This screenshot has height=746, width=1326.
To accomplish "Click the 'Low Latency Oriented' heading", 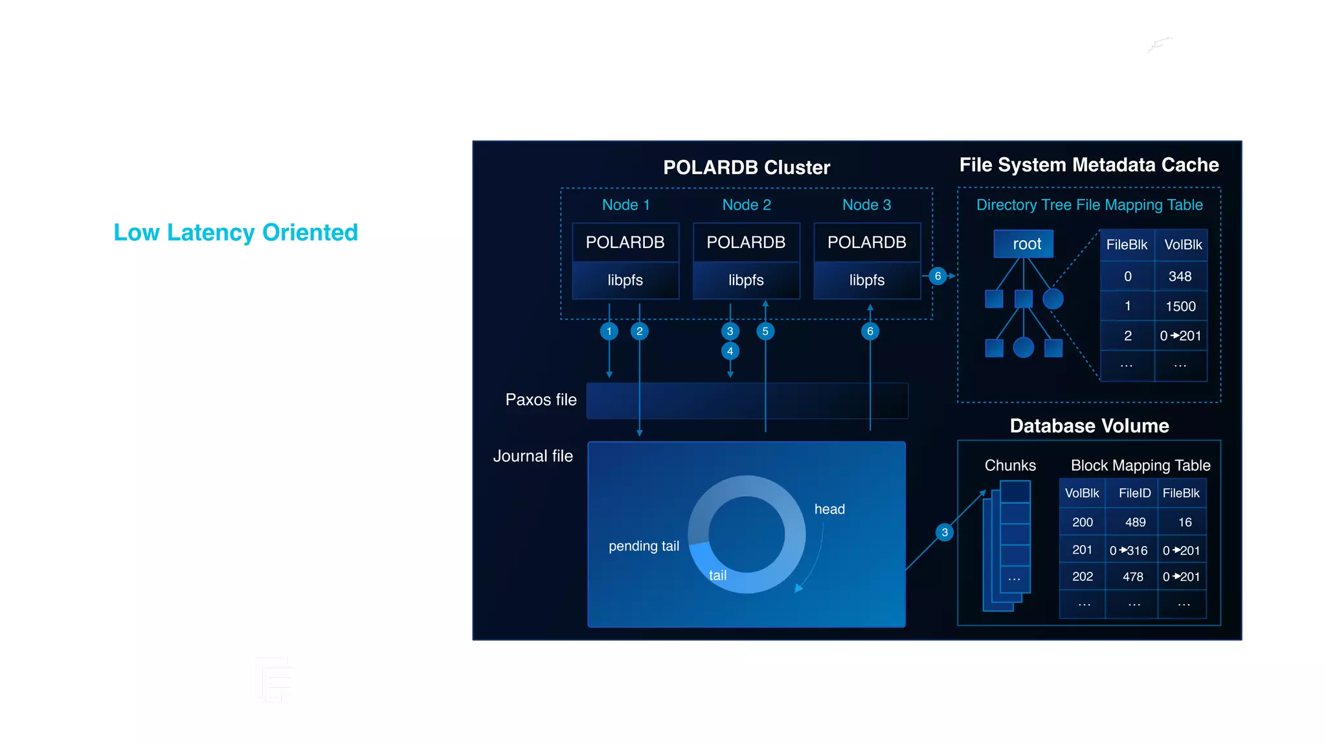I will pos(236,232).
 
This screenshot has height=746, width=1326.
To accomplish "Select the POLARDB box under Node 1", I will pos(625,242).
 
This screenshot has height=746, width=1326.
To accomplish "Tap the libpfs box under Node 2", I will pos(746,280).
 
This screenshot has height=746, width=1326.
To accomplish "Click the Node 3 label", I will pos(866,205).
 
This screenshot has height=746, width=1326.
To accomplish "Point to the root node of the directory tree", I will pos(1026,244).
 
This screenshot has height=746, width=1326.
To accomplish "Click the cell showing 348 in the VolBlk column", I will pos(1180,277).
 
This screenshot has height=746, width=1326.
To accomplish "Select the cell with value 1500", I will pos(1180,306).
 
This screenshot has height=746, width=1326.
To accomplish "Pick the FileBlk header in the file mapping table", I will pos(1127,245).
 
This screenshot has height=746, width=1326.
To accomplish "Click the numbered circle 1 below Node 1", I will pos(609,332).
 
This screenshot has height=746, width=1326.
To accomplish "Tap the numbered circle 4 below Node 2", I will pos(730,351).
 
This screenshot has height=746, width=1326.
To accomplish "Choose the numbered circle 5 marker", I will pos(765,332).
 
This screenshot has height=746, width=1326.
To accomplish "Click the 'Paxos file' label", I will pos(541,400).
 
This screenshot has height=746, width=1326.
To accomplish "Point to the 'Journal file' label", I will pos(533,456).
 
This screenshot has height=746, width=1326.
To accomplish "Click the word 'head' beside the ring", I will pos(829,509).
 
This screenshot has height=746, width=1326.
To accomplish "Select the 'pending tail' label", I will pos(644,546).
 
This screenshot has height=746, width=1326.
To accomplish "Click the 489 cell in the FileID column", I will pos(1135,522).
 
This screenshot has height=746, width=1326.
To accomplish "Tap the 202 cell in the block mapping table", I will pos(1082,576).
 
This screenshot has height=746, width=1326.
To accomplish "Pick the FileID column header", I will pos(1134,493).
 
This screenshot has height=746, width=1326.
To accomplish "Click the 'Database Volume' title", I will pos(1089,425).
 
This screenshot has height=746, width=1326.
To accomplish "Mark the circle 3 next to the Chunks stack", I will pos(945,532).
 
